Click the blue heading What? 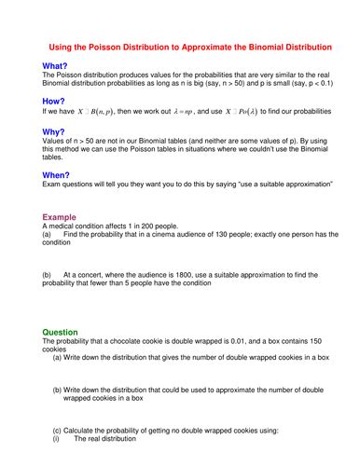pos(55,65)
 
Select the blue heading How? pos(54,100)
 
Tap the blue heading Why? pos(54,132)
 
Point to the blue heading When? pos(57,174)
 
